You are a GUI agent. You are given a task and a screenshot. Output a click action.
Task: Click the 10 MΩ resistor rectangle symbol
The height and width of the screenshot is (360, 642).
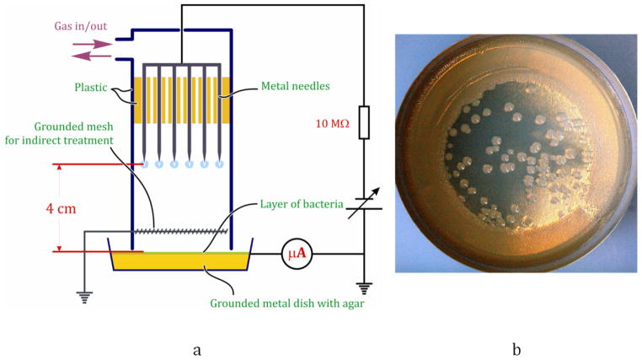coord(364,121)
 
